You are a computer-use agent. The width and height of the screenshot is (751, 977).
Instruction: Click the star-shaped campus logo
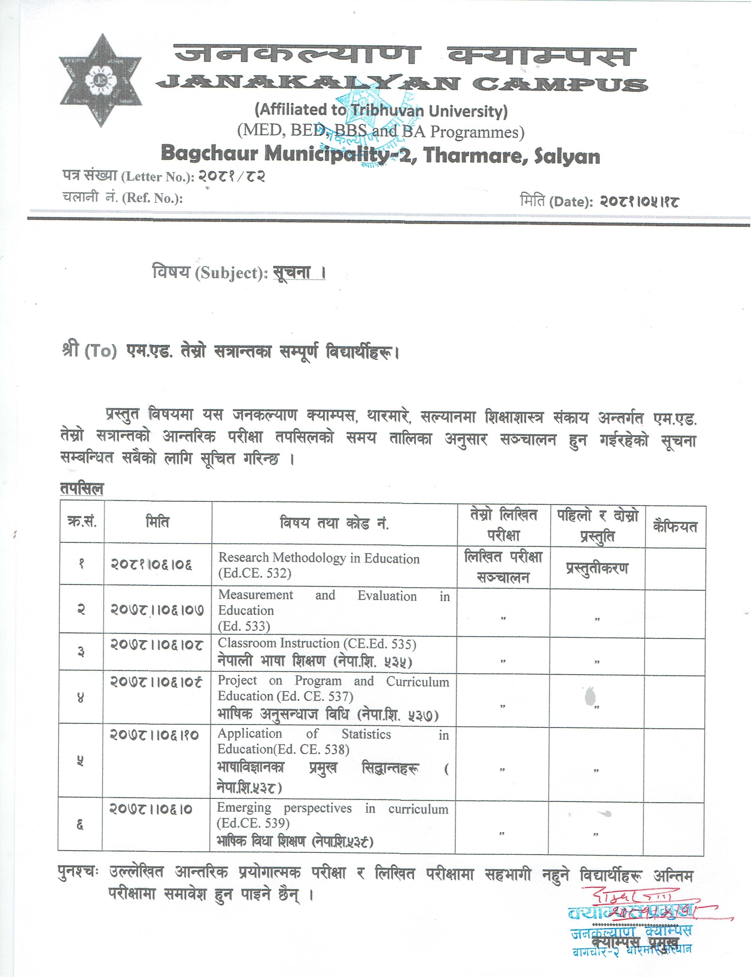(x=101, y=80)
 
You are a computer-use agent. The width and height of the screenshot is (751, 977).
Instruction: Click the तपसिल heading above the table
(x=82, y=488)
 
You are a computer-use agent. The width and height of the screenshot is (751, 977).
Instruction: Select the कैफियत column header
(x=675, y=527)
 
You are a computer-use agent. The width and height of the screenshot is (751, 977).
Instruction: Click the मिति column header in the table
(x=157, y=522)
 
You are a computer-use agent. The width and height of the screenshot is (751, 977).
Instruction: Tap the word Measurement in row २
(x=256, y=595)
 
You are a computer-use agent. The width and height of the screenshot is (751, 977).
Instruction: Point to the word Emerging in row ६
(x=244, y=808)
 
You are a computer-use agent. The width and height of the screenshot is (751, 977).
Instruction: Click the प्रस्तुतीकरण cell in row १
(x=597, y=569)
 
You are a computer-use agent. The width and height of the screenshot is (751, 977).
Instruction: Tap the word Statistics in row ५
(x=366, y=734)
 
